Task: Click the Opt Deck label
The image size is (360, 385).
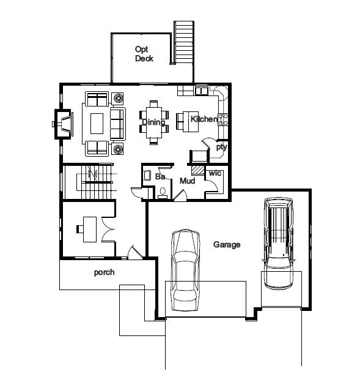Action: pos(144,53)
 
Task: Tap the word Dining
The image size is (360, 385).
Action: pos(153,122)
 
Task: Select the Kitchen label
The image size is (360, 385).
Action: pos(204,119)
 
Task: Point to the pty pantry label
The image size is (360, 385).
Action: pos(221,147)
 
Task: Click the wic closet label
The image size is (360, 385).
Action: pos(215,173)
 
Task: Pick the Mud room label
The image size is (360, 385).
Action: pos(188,181)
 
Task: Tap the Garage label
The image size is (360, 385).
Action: pos(227,245)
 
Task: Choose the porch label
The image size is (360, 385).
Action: pos(105,272)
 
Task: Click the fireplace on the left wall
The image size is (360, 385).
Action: pos(63,124)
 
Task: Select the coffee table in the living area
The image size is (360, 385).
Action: pos(97,124)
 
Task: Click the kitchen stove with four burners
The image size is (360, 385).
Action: pos(223,119)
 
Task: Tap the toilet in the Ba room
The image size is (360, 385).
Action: pos(163,192)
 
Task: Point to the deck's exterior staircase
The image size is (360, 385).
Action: pos(184,42)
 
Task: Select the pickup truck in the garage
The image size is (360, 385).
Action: pos(279,243)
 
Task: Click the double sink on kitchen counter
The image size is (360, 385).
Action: pos(201,91)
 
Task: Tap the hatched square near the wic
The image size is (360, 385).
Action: pos(197,170)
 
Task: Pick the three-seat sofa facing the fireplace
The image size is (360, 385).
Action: pos(118,124)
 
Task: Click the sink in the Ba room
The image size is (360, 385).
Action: pos(147,176)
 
